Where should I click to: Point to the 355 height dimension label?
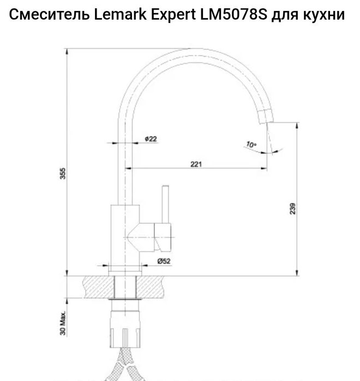(x=63, y=173)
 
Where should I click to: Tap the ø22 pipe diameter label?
(x=151, y=139)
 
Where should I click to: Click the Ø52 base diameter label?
(x=164, y=261)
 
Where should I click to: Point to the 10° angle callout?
(x=250, y=145)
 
